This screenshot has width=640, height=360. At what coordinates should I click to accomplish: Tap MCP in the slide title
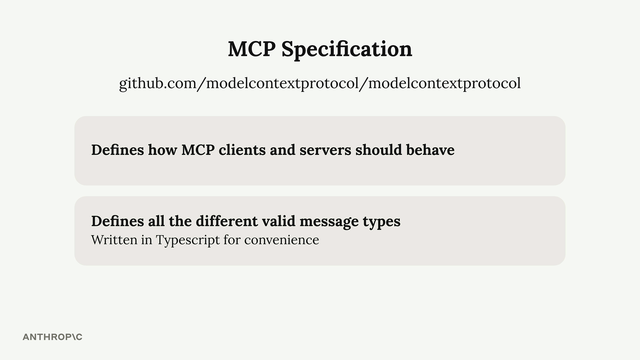coord(252,49)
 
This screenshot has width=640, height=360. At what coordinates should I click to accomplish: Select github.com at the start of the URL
coord(158,83)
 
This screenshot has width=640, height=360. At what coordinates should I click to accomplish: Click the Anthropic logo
coord(52,337)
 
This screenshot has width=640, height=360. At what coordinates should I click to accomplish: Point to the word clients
coord(242,150)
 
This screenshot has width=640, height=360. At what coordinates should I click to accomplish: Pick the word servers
coord(325,150)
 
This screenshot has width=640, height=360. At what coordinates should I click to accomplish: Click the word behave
coord(430,150)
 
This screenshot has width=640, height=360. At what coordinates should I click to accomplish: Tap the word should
coord(379,150)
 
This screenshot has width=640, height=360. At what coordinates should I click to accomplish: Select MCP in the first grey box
coord(198,150)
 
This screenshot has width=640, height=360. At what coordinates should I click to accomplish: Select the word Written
coord(114,240)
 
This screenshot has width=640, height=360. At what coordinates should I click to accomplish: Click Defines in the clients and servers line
coord(117,150)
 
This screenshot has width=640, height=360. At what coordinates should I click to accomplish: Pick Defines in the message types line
coord(117,221)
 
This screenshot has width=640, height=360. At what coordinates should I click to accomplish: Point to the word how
coord(162,150)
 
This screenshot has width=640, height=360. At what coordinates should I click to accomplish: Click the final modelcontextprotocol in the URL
coord(444,83)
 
